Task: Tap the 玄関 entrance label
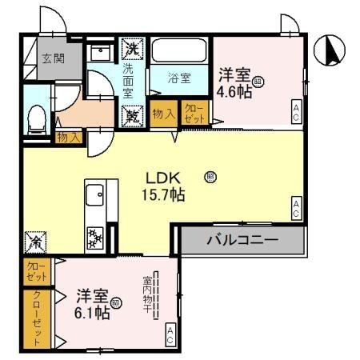tap(54, 58)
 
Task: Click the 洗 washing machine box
tap(131, 48)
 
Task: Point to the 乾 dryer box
tap(131, 116)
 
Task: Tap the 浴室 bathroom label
tap(179, 78)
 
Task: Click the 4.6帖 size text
tap(238, 91)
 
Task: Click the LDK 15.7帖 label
tap(166, 186)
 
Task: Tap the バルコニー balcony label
tap(242, 239)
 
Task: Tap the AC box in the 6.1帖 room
tap(170, 337)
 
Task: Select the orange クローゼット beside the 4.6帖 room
tap(193, 114)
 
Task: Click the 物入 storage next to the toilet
tap(69, 138)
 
